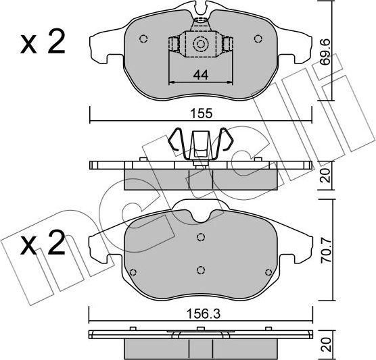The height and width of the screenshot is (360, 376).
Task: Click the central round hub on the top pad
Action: tap(200, 45)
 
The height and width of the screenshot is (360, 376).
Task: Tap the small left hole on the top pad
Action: tap(143, 38)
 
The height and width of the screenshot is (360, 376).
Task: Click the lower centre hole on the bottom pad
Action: tap(200, 270)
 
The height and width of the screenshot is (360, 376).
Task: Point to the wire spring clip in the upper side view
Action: tap(200, 145)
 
